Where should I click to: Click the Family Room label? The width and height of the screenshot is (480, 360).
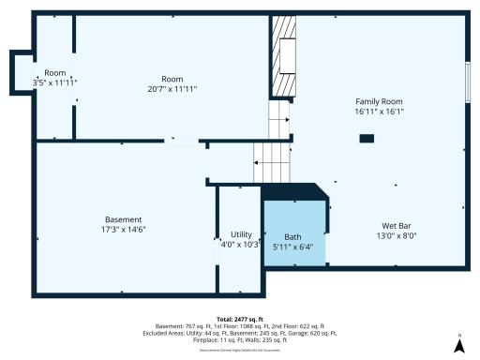[x=380, y=100]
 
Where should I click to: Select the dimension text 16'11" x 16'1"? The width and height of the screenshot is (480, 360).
[x=380, y=111]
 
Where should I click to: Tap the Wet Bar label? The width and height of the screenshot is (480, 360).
[x=396, y=226]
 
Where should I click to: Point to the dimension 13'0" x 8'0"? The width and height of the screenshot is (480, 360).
[x=396, y=236]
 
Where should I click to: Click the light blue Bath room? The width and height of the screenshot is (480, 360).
[x=293, y=230]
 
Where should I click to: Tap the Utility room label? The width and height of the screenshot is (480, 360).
[x=240, y=234]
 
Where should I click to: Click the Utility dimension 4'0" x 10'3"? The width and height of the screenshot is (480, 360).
[x=240, y=245]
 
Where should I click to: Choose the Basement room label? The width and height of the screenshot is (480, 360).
[x=124, y=218]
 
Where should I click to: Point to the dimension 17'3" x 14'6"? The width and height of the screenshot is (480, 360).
[x=124, y=229]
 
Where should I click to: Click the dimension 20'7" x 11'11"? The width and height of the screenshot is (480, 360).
[x=172, y=89]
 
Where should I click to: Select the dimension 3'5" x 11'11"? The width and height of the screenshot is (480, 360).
[x=54, y=82]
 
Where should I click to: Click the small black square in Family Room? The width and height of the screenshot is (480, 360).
[x=367, y=139]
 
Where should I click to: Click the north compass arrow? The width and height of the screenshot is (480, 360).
[x=458, y=345]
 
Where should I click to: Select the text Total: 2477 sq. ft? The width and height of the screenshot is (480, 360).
[x=240, y=319]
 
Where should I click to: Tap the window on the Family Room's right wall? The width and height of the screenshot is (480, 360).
[x=468, y=76]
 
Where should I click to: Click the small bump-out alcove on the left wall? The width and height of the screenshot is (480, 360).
[x=21, y=72]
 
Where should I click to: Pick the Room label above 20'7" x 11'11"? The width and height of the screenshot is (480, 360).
[x=172, y=79]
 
